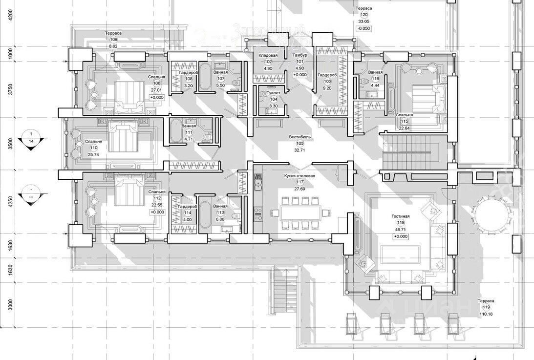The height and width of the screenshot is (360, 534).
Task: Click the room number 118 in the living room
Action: [401, 222]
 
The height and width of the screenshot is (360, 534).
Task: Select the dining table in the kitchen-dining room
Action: [300, 212]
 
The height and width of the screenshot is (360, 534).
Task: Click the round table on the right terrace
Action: [492, 215]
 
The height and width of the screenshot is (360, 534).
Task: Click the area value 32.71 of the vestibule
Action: [300, 150]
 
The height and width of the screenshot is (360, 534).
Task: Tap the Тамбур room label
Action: [299, 56]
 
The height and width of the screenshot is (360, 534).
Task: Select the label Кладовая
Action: [268, 56]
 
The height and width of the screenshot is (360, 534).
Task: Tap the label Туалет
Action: [273, 92]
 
